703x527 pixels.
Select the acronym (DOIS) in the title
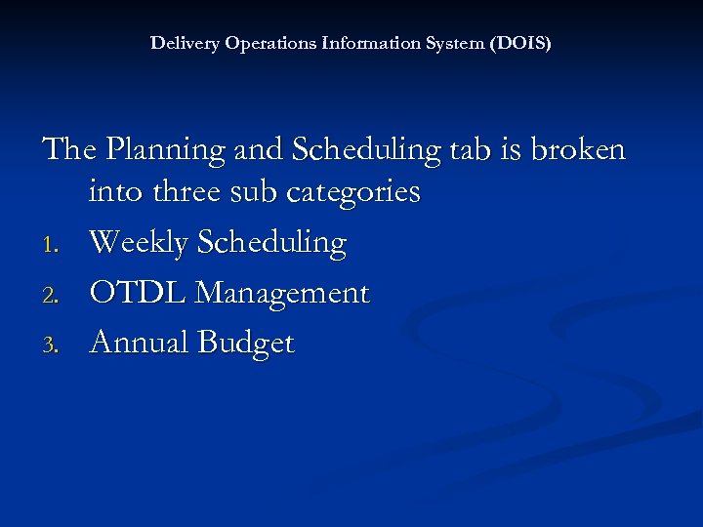[521, 44]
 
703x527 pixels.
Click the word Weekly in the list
[140, 243]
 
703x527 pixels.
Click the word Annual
[139, 343]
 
